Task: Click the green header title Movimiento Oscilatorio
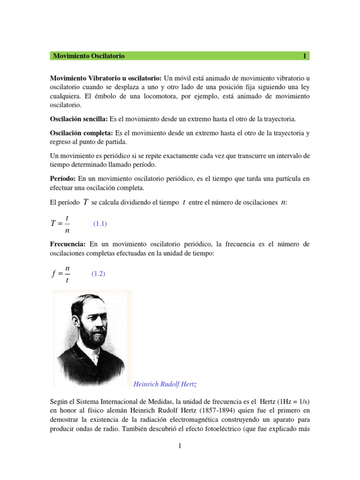[89, 56]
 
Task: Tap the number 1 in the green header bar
[304, 56]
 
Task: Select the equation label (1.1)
[100, 224]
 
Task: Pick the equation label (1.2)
[98, 274]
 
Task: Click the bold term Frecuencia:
[68, 245]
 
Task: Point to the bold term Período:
[63, 179]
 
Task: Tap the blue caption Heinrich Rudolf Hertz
[165, 384]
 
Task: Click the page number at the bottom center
[180, 446]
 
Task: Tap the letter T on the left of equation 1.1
[53, 224]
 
